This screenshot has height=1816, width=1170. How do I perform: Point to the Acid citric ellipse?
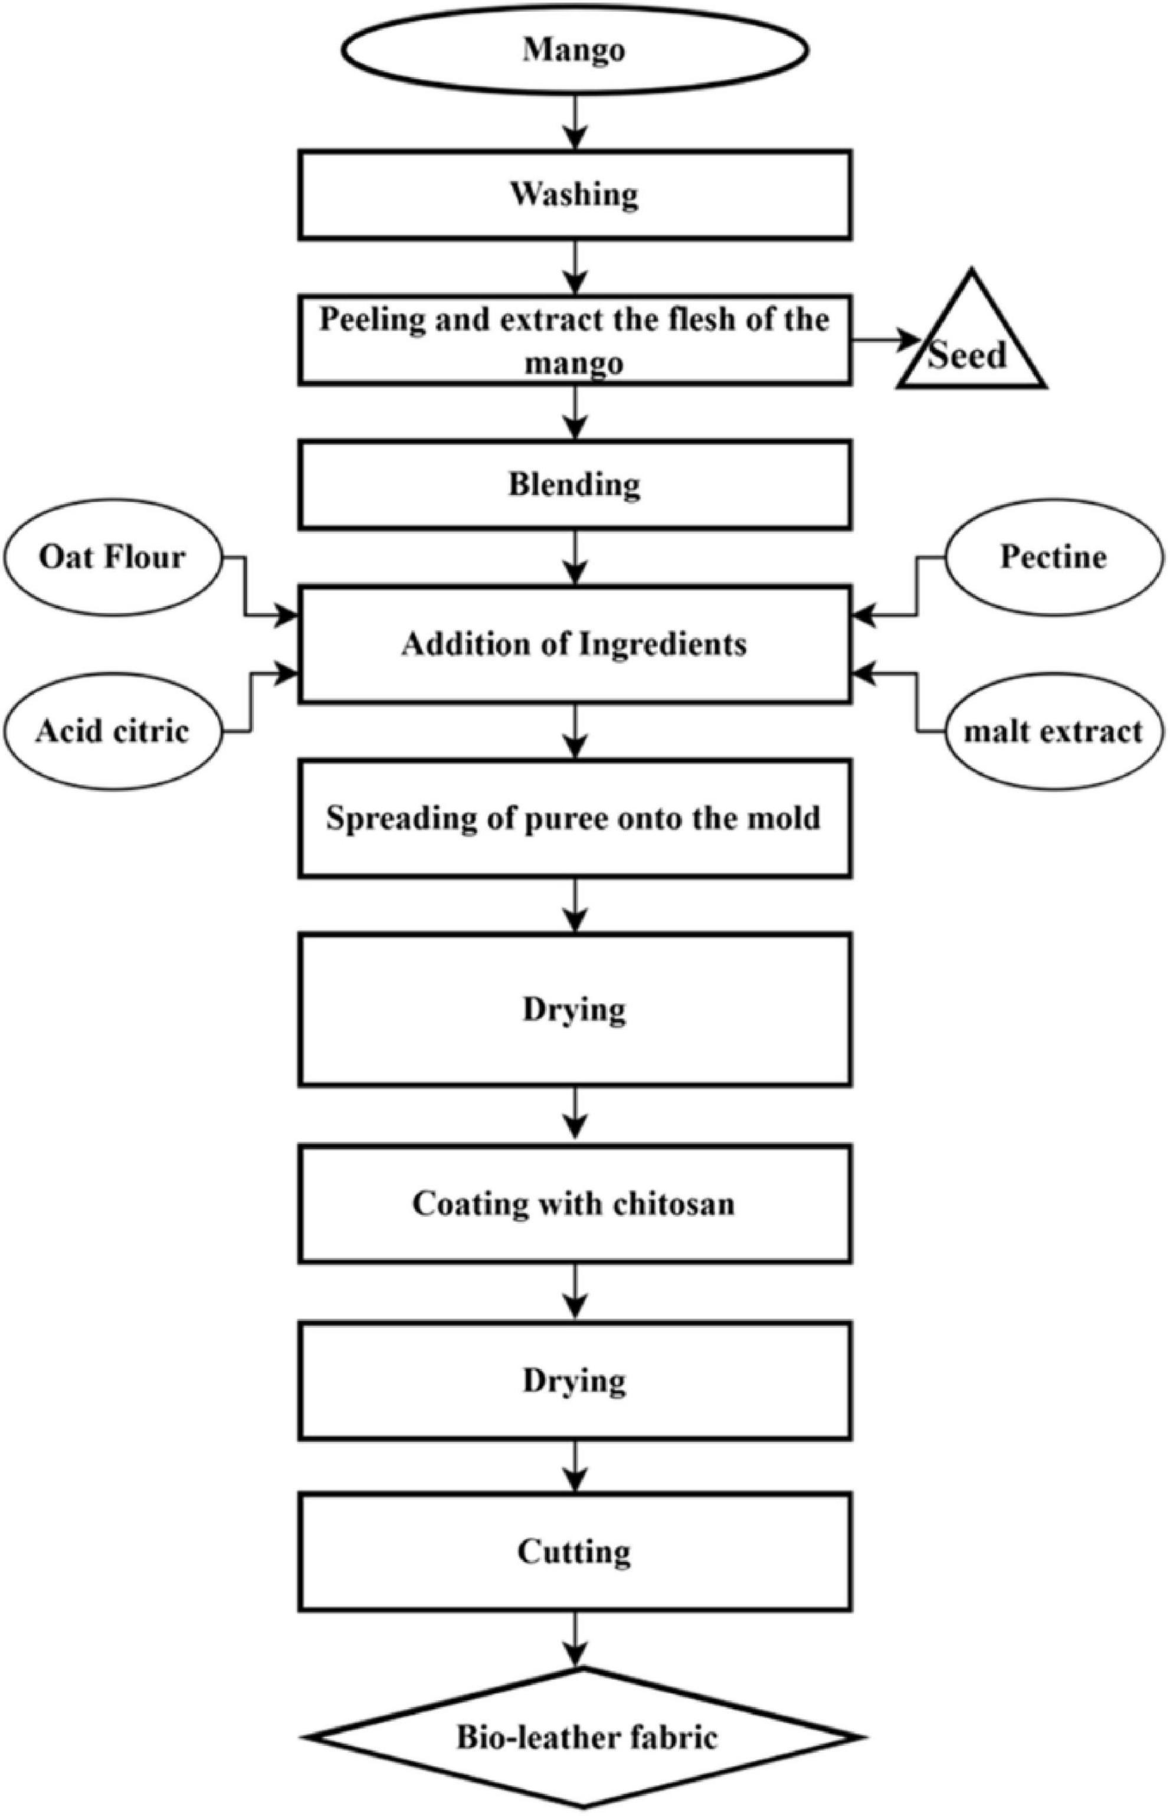[x=113, y=731]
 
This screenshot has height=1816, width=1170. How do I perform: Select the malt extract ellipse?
[x=1053, y=731]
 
